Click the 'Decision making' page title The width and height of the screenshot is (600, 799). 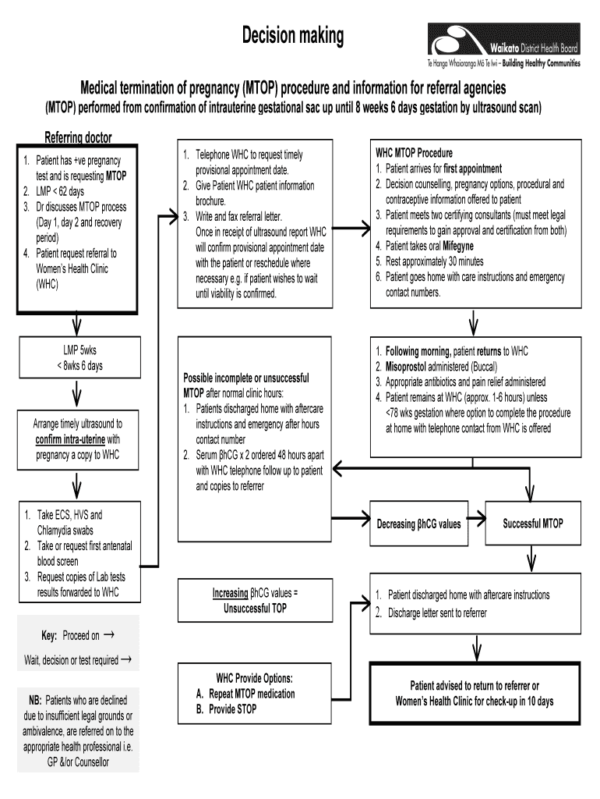pyautogui.click(x=291, y=35)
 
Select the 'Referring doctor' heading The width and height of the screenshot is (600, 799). pyautogui.click(x=78, y=137)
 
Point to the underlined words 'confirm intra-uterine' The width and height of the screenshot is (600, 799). pyautogui.click(x=69, y=439)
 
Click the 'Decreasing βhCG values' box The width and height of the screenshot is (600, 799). pyautogui.click(x=418, y=524)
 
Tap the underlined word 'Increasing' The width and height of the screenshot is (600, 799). pyautogui.click(x=230, y=593)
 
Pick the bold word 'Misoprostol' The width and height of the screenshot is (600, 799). pyautogui.click(x=408, y=367)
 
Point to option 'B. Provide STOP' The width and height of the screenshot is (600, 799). pyautogui.click(x=227, y=709)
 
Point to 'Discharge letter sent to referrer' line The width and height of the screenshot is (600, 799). pyautogui.click(x=437, y=613)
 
